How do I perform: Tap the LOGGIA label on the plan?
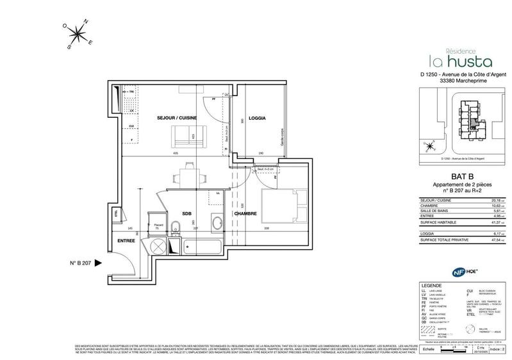(x=257, y=119)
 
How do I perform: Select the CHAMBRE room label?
(x=245, y=214)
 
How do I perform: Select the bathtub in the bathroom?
(x=200, y=245)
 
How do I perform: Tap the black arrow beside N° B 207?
(x=98, y=263)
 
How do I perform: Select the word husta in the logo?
(x=467, y=61)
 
